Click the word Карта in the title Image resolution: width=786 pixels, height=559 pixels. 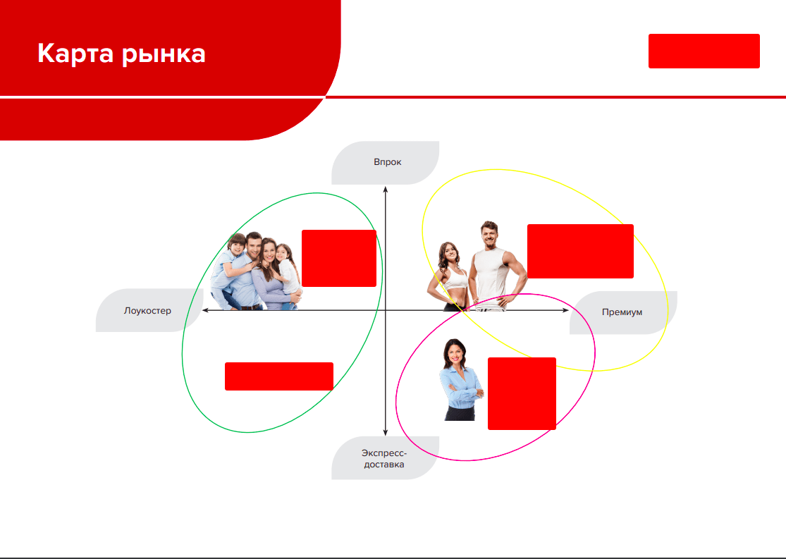click(75, 54)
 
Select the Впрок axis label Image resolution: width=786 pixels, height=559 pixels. click(388, 162)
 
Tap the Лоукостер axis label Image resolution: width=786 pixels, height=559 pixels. click(147, 310)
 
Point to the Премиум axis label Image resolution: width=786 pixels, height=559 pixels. click(622, 312)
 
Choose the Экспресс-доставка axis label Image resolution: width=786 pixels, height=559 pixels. click(384, 459)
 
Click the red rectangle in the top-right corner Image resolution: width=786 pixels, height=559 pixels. click(704, 51)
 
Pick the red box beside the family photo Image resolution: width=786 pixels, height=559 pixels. click(339, 258)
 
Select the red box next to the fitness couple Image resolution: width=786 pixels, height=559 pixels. click(580, 251)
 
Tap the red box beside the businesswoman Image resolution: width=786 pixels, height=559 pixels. click(522, 393)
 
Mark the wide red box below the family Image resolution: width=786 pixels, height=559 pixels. click(279, 376)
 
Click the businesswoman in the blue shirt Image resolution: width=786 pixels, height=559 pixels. click(460, 379)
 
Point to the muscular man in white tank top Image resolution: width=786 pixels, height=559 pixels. click(496, 266)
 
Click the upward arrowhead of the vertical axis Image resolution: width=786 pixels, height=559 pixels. click(386, 190)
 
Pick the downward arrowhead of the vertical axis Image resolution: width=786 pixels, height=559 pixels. click(386, 432)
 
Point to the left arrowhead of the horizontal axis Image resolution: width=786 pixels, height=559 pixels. click(205, 310)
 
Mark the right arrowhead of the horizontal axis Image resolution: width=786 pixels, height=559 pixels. click(565, 310)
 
